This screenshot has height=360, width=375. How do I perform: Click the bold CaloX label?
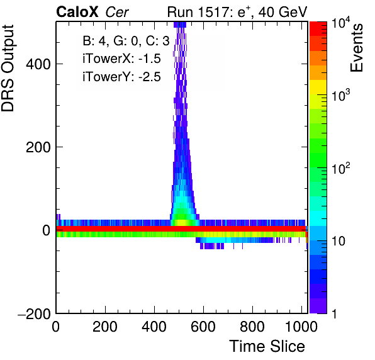tap(77, 12)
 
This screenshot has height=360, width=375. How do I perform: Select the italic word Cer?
tap(117, 12)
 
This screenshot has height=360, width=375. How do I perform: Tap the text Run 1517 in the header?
tap(198, 12)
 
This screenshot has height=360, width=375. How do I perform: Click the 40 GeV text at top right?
tap(283, 12)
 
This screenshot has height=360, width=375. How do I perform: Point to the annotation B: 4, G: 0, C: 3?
tap(126, 41)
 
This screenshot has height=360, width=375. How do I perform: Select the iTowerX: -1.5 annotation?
tap(121, 59)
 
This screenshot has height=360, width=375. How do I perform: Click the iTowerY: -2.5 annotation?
tap(121, 77)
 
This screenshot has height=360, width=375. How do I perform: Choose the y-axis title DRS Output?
tap(8, 69)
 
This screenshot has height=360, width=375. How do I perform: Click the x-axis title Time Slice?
tap(267, 346)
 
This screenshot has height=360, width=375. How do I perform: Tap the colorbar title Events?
tap(356, 48)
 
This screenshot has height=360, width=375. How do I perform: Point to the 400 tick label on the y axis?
tap(38, 64)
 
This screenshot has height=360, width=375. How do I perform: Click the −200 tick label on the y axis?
tap(35, 313)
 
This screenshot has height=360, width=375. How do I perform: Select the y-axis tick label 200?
tap(38, 147)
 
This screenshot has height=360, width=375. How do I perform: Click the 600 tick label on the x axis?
tap(203, 327)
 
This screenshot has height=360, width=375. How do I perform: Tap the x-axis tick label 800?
tap(252, 327)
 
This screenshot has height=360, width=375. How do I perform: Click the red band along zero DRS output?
tap(181, 228)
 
